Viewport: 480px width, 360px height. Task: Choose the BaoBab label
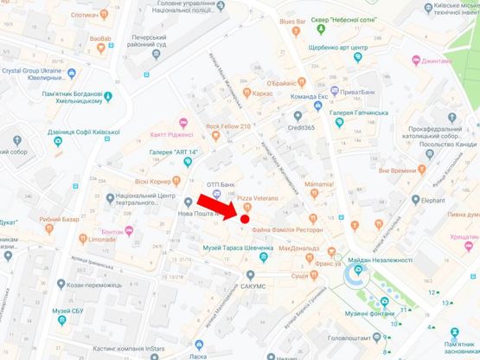[x=100, y=39]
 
